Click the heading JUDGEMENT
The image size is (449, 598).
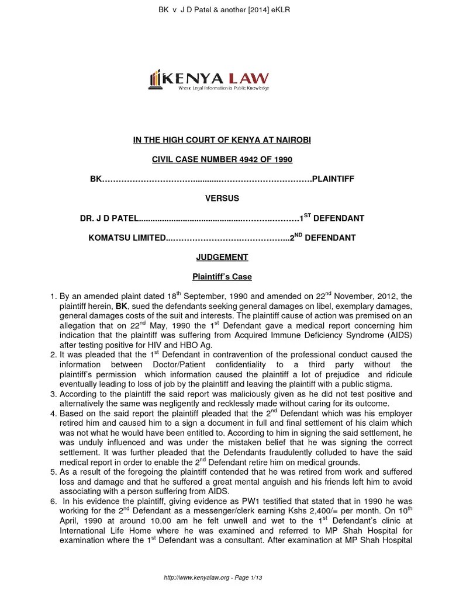click(224, 257)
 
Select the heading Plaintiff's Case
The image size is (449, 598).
click(224, 276)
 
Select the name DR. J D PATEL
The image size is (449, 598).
click(109, 218)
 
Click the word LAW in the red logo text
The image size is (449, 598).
click(250, 77)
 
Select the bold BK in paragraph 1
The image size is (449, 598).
click(121, 306)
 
